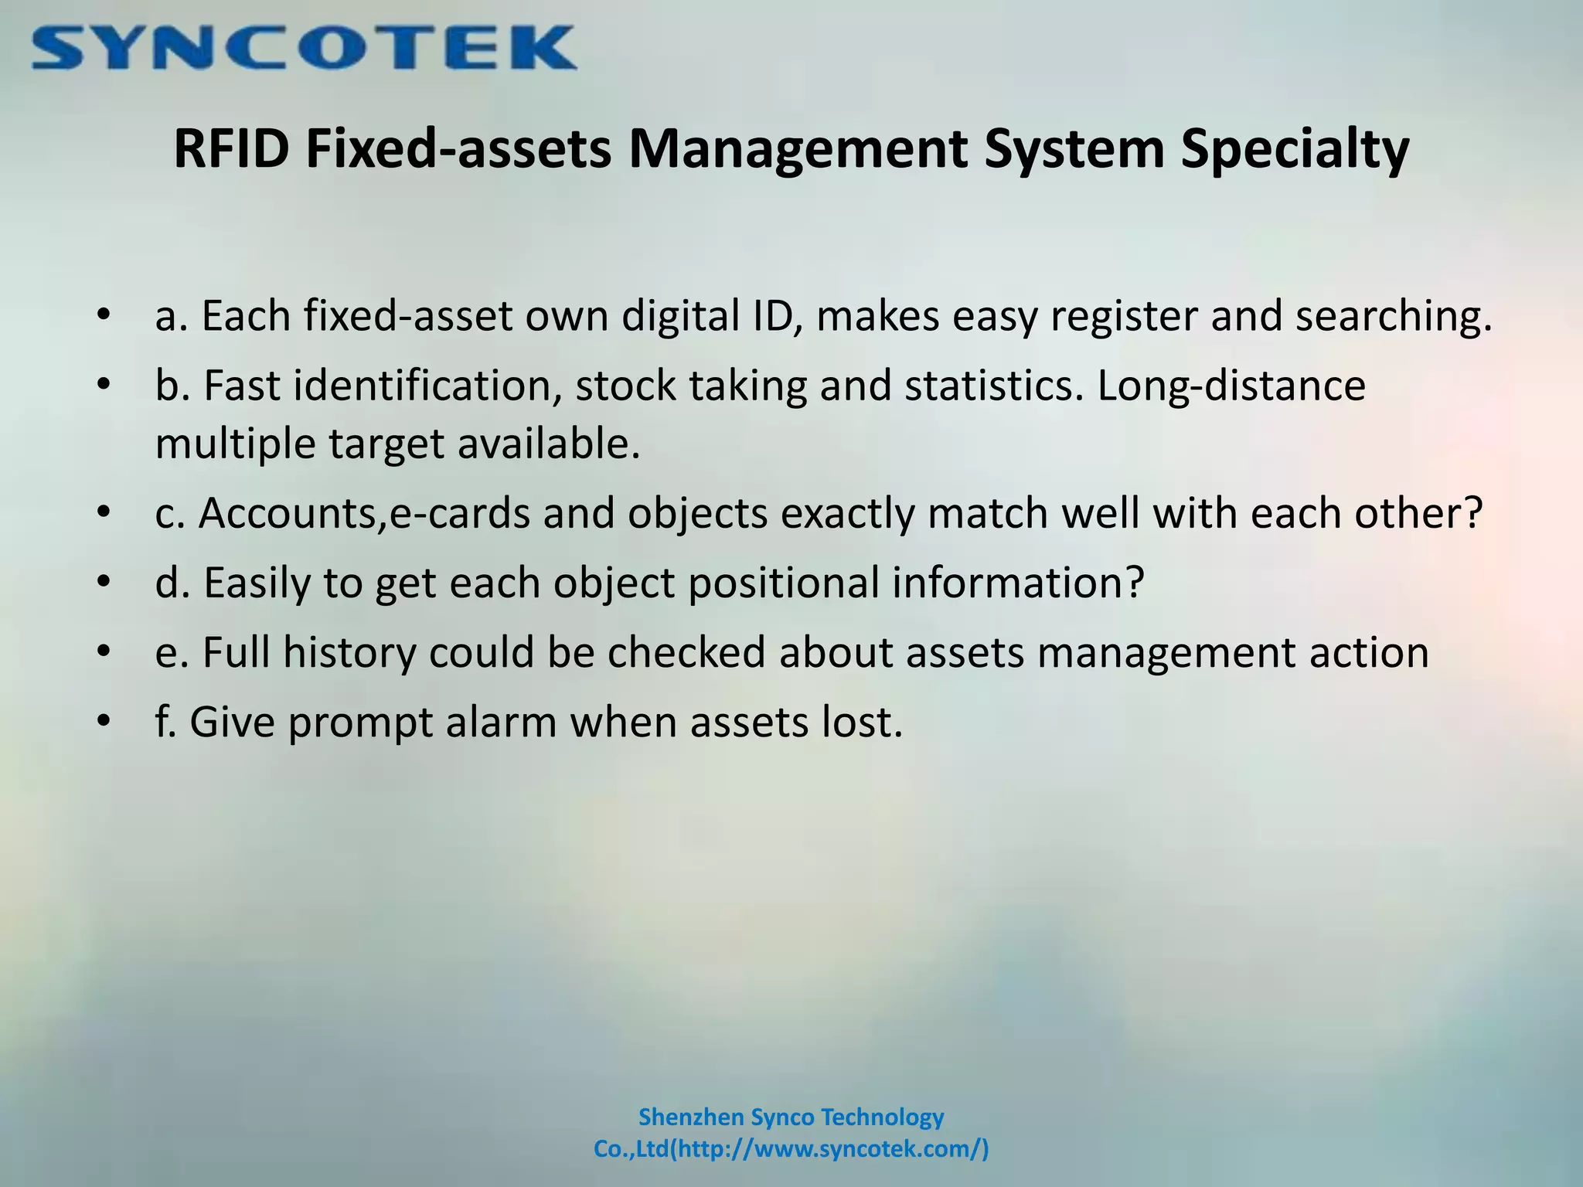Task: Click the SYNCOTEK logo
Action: click(x=304, y=48)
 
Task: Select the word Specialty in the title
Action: click(x=1295, y=150)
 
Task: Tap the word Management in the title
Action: click(x=798, y=150)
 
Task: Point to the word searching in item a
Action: click(x=1394, y=317)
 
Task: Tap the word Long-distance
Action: click(x=1231, y=386)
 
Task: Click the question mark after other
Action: click(x=1473, y=513)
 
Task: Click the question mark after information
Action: click(x=1133, y=583)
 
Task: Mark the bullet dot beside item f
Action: click(x=104, y=722)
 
